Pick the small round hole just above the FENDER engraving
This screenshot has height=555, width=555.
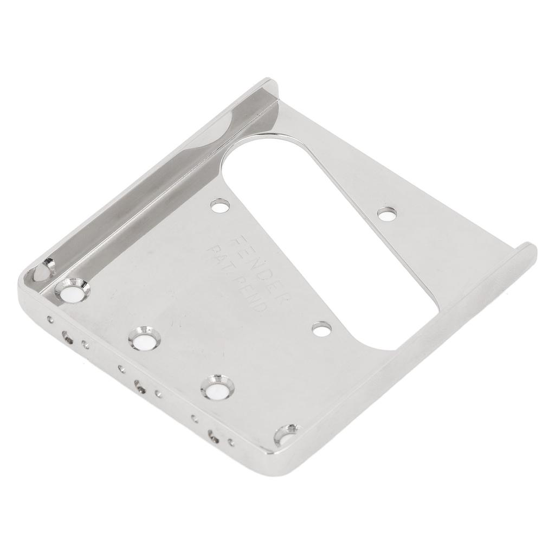coord(220,206)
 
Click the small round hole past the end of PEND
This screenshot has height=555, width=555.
coord(321,329)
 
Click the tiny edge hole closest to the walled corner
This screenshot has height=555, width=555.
coord(50,319)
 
